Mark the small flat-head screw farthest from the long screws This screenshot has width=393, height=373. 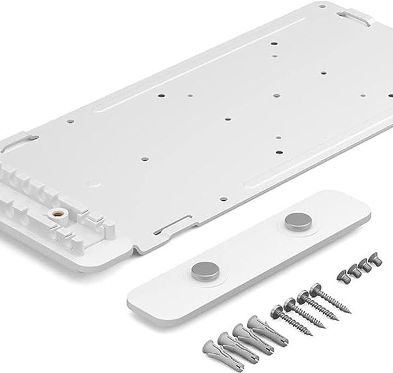click(375, 262)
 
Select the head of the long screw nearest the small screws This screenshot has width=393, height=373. click(315, 289)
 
